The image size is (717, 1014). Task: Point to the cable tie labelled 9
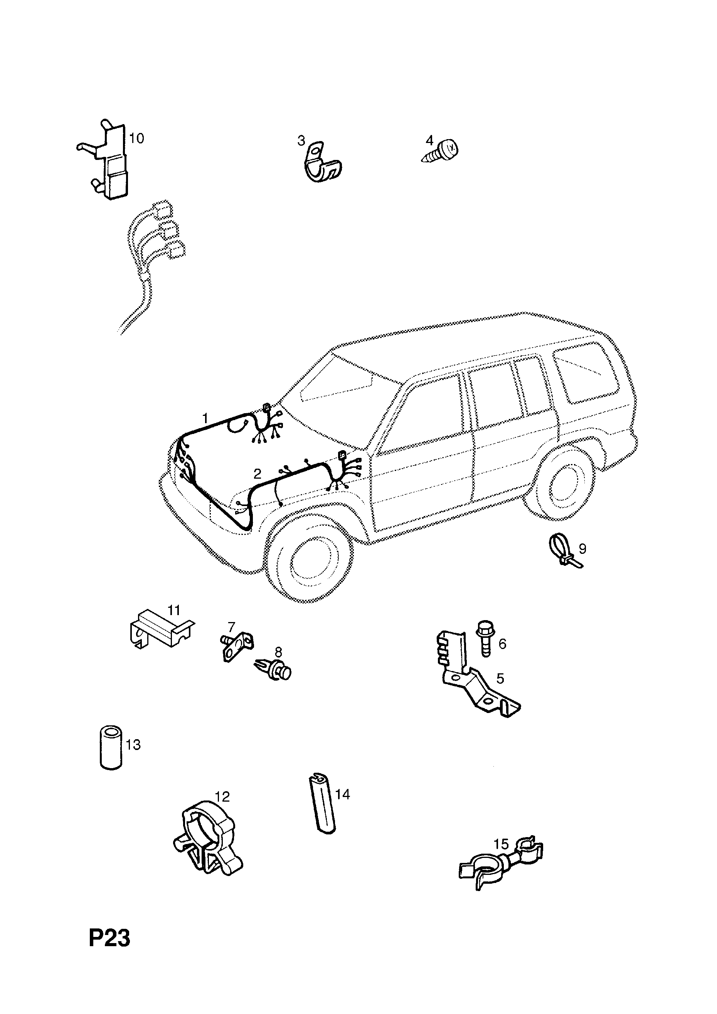pyautogui.click(x=566, y=550)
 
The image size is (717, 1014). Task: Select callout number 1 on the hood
pyautogui.click(x=205, y=418)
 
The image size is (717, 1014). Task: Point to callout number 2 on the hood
pyautogui.click(x=257, y=474)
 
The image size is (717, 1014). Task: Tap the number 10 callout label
pyautogui.click(x=136, y=139)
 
